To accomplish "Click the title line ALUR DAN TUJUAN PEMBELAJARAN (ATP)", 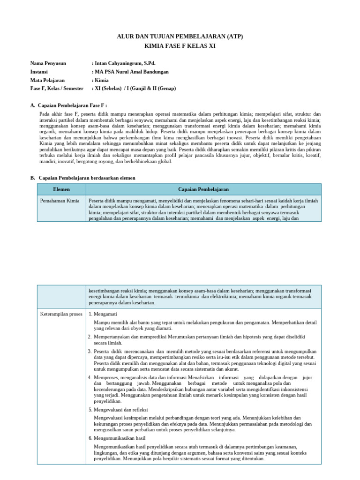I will (x=180, y=36).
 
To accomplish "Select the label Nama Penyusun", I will (x=48, y=63).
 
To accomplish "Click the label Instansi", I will (x=40, y=72).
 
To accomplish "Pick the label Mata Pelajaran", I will (x=47, y=80).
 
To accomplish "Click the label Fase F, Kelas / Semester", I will (x=57, y=88).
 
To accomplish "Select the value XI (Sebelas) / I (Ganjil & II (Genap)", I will (x=135, y=88).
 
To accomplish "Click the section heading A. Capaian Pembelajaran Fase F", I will (x=68, y=105).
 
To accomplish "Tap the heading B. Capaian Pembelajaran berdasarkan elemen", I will (x=82, y=178).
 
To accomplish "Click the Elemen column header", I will (x=61, y=189).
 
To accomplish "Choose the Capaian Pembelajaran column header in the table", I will (x=203, y=189).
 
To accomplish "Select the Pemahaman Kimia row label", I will (x=60, y=201).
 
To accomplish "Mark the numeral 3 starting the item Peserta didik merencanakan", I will (x=90, y=351).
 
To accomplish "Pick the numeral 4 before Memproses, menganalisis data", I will (x=90, y=377).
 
